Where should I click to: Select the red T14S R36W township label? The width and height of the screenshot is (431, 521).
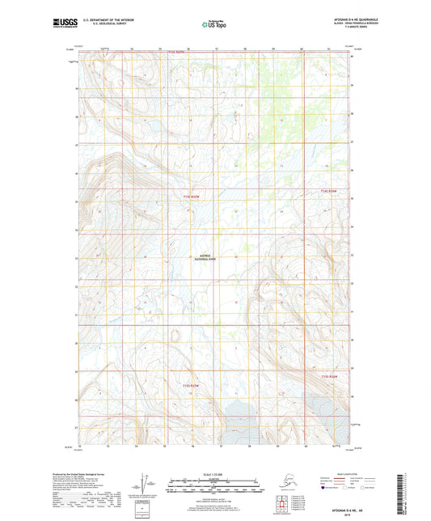(327, 191)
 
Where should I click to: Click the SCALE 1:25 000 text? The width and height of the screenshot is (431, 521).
(215, 473)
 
